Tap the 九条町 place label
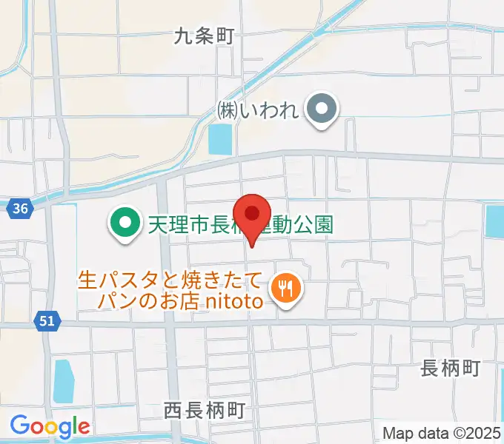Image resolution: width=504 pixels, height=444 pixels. tap(204, 36)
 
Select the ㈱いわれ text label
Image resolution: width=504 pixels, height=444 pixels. tap(257, 111)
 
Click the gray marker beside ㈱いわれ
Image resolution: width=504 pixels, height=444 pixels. tap(322, 111)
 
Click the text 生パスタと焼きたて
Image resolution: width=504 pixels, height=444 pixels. tap(170, 281)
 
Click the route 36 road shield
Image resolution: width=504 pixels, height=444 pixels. tap(21, 209)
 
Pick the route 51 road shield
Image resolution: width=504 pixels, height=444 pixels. tap(46, 320)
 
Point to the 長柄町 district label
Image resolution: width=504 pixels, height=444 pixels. tap(451, 368)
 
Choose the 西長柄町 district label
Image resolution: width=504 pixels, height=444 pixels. tap(204, 410)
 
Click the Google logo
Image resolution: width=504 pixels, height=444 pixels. tap(50, 427)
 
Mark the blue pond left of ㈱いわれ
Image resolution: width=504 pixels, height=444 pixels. tap(220, 139)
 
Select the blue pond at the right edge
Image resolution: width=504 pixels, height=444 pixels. tap(495, 221)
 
